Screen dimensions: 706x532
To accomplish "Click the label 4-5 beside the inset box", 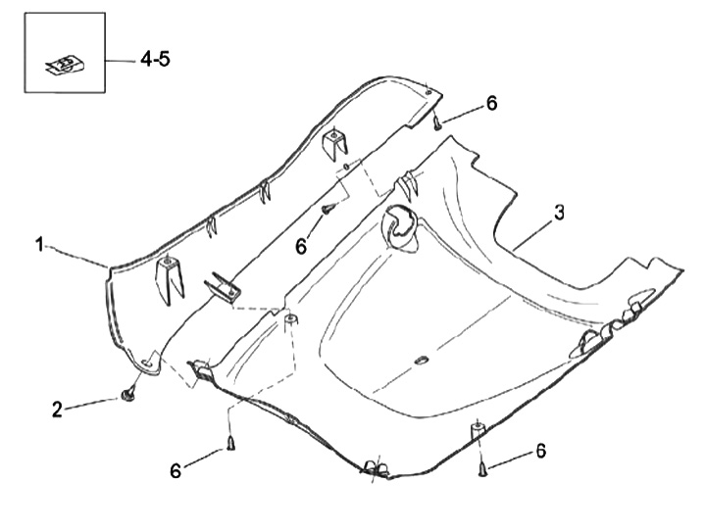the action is pos(155,59).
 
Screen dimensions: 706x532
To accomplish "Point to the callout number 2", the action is pos(58,409).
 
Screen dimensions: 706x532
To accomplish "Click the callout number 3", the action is pos(558,212).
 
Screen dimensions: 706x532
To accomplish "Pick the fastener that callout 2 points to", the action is pos(127,393).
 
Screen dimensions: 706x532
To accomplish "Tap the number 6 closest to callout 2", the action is pos(176,471).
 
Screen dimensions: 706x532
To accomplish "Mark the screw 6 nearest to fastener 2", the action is pos(229,443).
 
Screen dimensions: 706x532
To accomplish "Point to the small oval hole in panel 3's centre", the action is pos(422,361).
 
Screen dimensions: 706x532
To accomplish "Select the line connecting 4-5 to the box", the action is pos(121,60).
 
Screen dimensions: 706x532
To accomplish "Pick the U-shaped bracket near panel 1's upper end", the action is pos(336,142).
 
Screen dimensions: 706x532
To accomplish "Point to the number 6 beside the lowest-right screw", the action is pos(539,451).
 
